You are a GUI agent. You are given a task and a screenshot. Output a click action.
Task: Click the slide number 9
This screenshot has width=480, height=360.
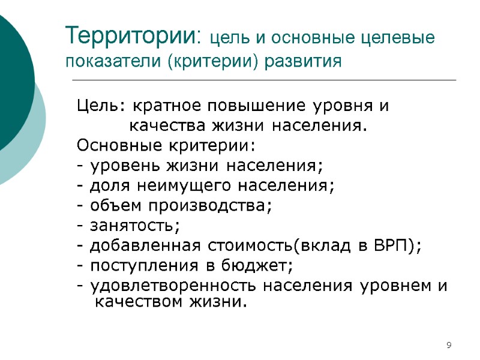tap(449, 345)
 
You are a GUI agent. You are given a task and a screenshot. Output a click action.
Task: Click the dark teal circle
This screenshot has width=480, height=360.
tap(12, 84)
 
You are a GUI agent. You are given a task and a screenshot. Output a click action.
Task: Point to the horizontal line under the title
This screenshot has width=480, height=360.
tap(264, 80)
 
